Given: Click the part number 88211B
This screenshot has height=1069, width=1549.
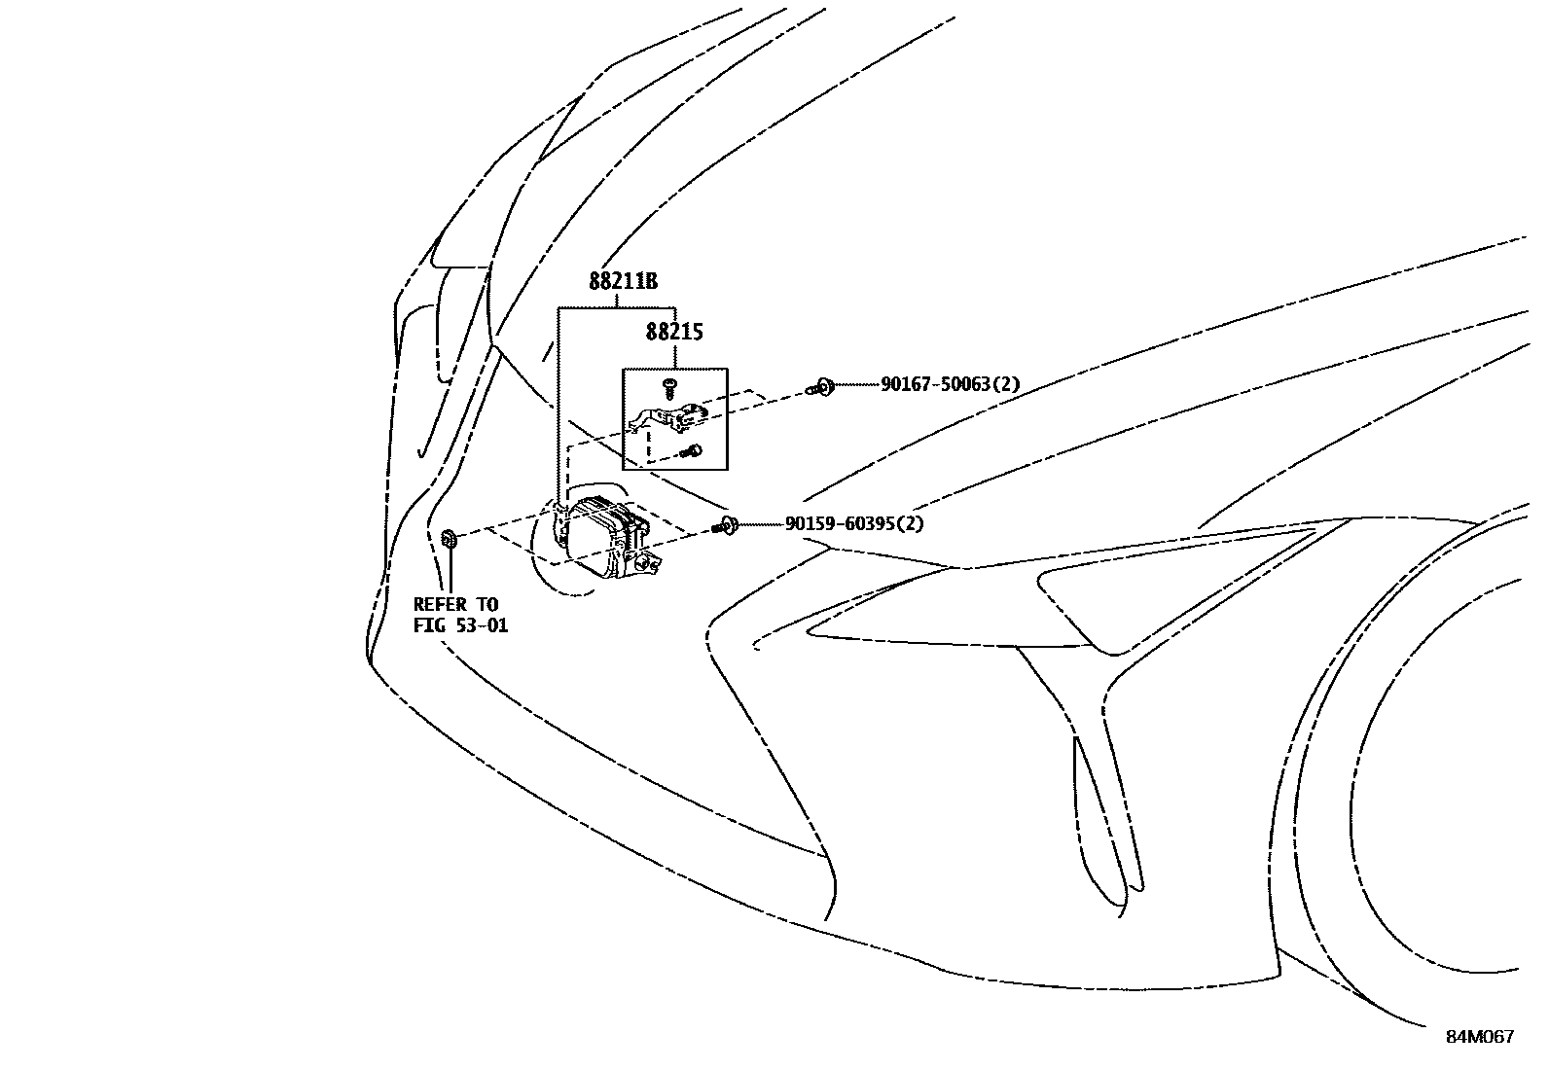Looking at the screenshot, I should pos(623,282).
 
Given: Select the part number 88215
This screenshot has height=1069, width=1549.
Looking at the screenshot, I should pos(674,332).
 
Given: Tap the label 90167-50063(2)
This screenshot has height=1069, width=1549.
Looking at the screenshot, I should pos(950,384).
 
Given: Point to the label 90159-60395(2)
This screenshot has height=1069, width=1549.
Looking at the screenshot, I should pos(854,524).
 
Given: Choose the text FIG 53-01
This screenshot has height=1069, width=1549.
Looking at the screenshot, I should pos(460,625).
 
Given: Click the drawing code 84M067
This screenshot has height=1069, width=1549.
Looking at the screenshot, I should pos(1479,1037).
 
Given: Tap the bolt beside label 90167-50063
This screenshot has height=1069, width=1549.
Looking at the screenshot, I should pos(822,387).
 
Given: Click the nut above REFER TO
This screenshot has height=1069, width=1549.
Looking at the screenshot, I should pos(450,538).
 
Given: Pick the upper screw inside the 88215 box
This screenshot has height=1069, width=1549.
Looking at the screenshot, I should pos(670,387).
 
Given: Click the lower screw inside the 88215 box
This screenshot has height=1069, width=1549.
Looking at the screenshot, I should pos(693,450).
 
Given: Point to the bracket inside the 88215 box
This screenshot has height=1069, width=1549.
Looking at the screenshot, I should pos(671,418).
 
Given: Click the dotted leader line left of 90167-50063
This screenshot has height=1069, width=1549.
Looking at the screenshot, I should pos(856,385).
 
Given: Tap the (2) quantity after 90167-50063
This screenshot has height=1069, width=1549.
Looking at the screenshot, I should pos(1007,384).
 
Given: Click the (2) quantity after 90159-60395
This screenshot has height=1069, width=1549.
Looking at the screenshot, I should pos(912,524).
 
